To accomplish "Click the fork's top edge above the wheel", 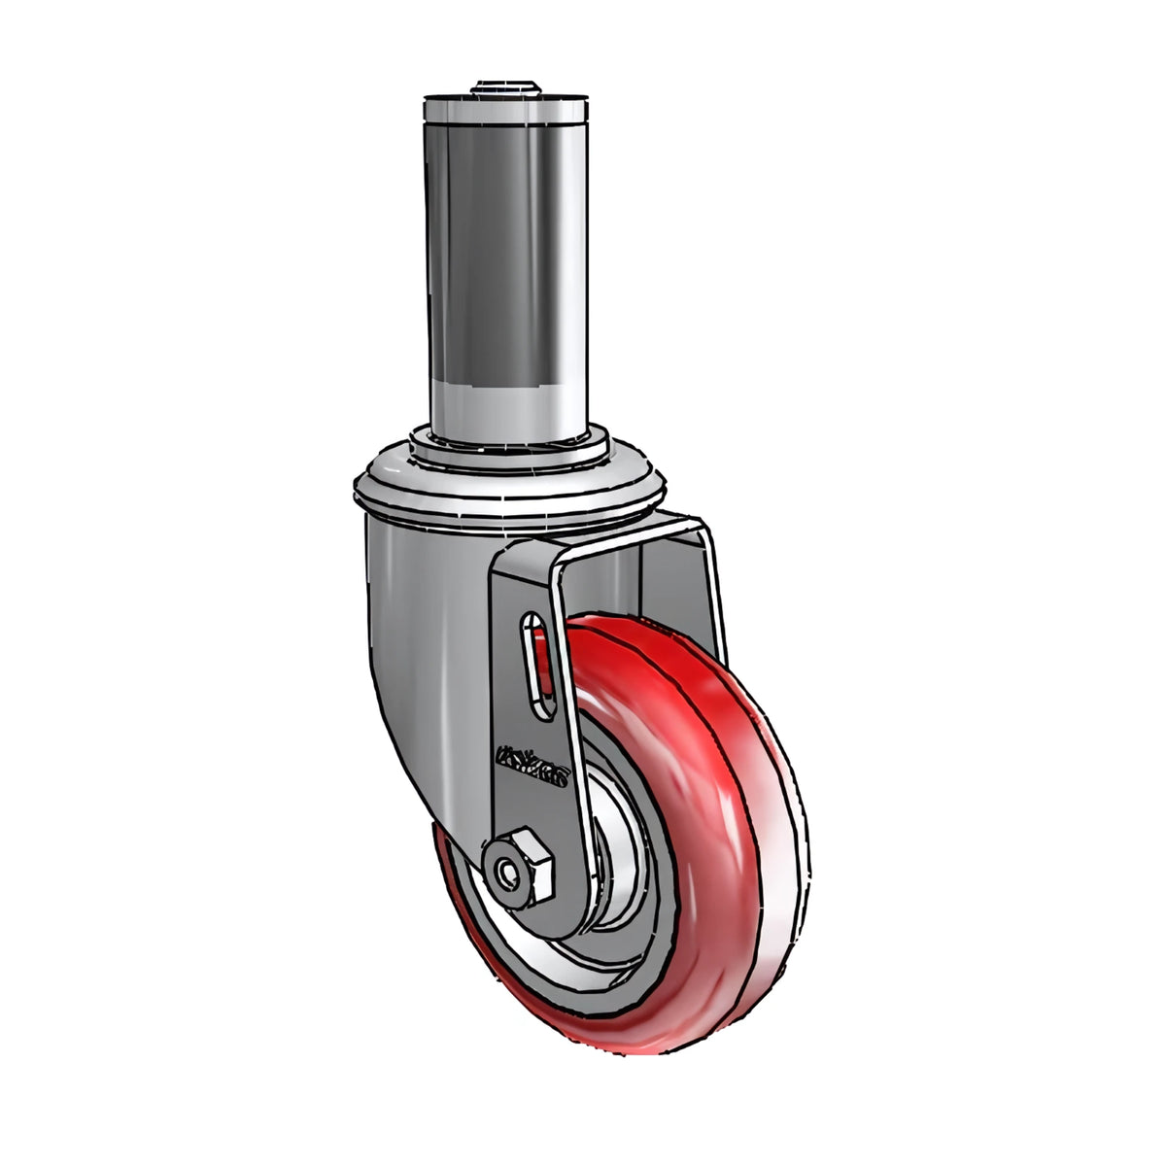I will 622,530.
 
